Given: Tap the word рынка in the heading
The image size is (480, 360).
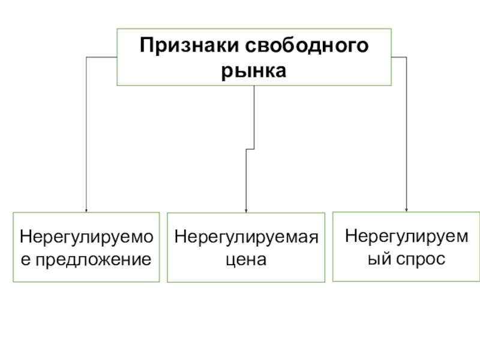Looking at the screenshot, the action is coord(254,71).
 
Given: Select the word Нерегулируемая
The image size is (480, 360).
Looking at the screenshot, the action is coord(245,237).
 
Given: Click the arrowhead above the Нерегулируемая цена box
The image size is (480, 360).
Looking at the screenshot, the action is coord(245,211).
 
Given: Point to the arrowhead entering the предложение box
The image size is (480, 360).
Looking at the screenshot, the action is coord(86,210).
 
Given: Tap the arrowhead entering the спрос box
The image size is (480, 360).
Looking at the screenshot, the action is coord(407,210).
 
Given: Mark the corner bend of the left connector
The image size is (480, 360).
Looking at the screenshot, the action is coord(87,58).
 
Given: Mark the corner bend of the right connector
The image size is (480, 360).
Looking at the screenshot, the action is coord(407,58).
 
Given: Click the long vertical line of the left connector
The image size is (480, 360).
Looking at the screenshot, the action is coord(86,132).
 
